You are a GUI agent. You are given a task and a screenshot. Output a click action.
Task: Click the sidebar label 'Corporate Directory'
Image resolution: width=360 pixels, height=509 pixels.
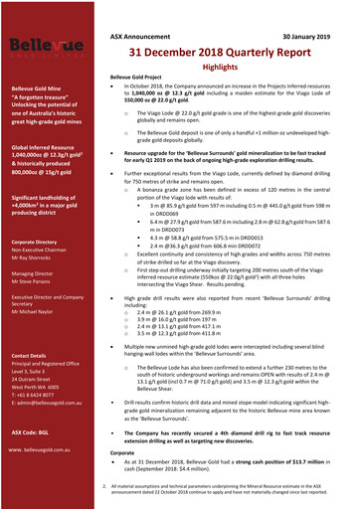[34, 242]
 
